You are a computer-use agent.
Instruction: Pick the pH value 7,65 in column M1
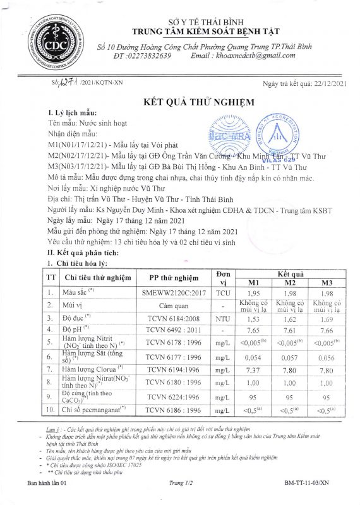click(x=252, y=330)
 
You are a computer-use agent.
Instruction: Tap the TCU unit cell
click(x=222, y=293)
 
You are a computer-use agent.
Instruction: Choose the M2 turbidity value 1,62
click(x=289, y=319)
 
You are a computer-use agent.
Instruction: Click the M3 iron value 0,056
click(x=327, y=356)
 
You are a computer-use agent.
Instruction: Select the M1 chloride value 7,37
click(x=252, y=370)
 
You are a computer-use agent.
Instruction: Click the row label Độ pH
click(x=78, y=330)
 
